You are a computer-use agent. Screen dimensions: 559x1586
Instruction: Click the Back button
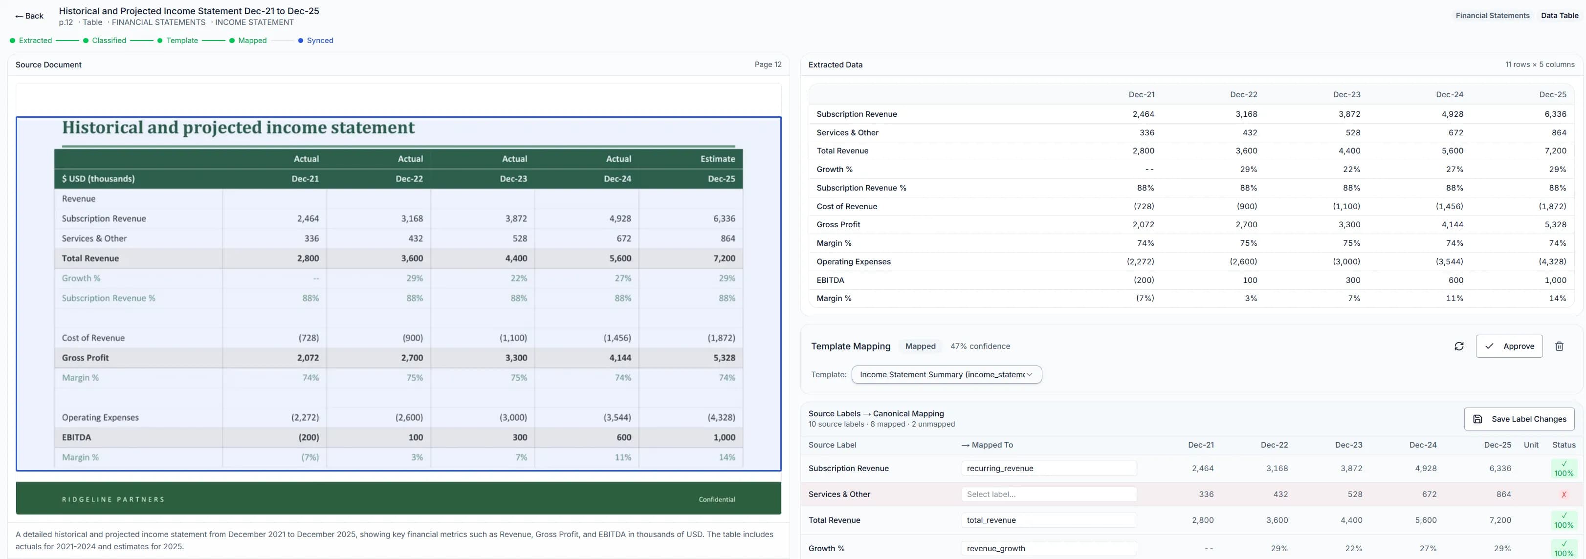pos(29,16)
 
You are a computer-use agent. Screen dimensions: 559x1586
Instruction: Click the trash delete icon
pos(1559,346)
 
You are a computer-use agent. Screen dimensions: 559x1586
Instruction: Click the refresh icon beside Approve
pos(1458,346)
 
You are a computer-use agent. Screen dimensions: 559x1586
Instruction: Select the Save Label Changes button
pos(1519,419)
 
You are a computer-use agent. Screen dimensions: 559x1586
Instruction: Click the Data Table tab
pos(1559,15)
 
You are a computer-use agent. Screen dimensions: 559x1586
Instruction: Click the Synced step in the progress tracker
pos(320,41)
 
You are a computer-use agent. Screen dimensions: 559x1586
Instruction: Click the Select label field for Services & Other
pos(1049,494)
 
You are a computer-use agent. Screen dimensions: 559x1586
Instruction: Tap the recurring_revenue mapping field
pos(1049,468)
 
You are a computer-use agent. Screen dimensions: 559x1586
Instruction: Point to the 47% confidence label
pos(980,346)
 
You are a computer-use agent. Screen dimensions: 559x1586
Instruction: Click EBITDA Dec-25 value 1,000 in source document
pos(724,437)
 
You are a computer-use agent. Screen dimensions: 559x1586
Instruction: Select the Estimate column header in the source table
pos(717,159)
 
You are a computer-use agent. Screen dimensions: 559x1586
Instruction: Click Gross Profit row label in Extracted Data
pos(838,225)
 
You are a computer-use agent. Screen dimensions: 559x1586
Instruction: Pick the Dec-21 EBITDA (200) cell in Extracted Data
pos(1144,280)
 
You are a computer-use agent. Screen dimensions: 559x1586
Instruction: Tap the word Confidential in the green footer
pos(717,499)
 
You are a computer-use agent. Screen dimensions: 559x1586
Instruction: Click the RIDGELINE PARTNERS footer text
pos(113,499)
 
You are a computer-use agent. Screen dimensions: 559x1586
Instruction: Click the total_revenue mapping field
pos(1049,519)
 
